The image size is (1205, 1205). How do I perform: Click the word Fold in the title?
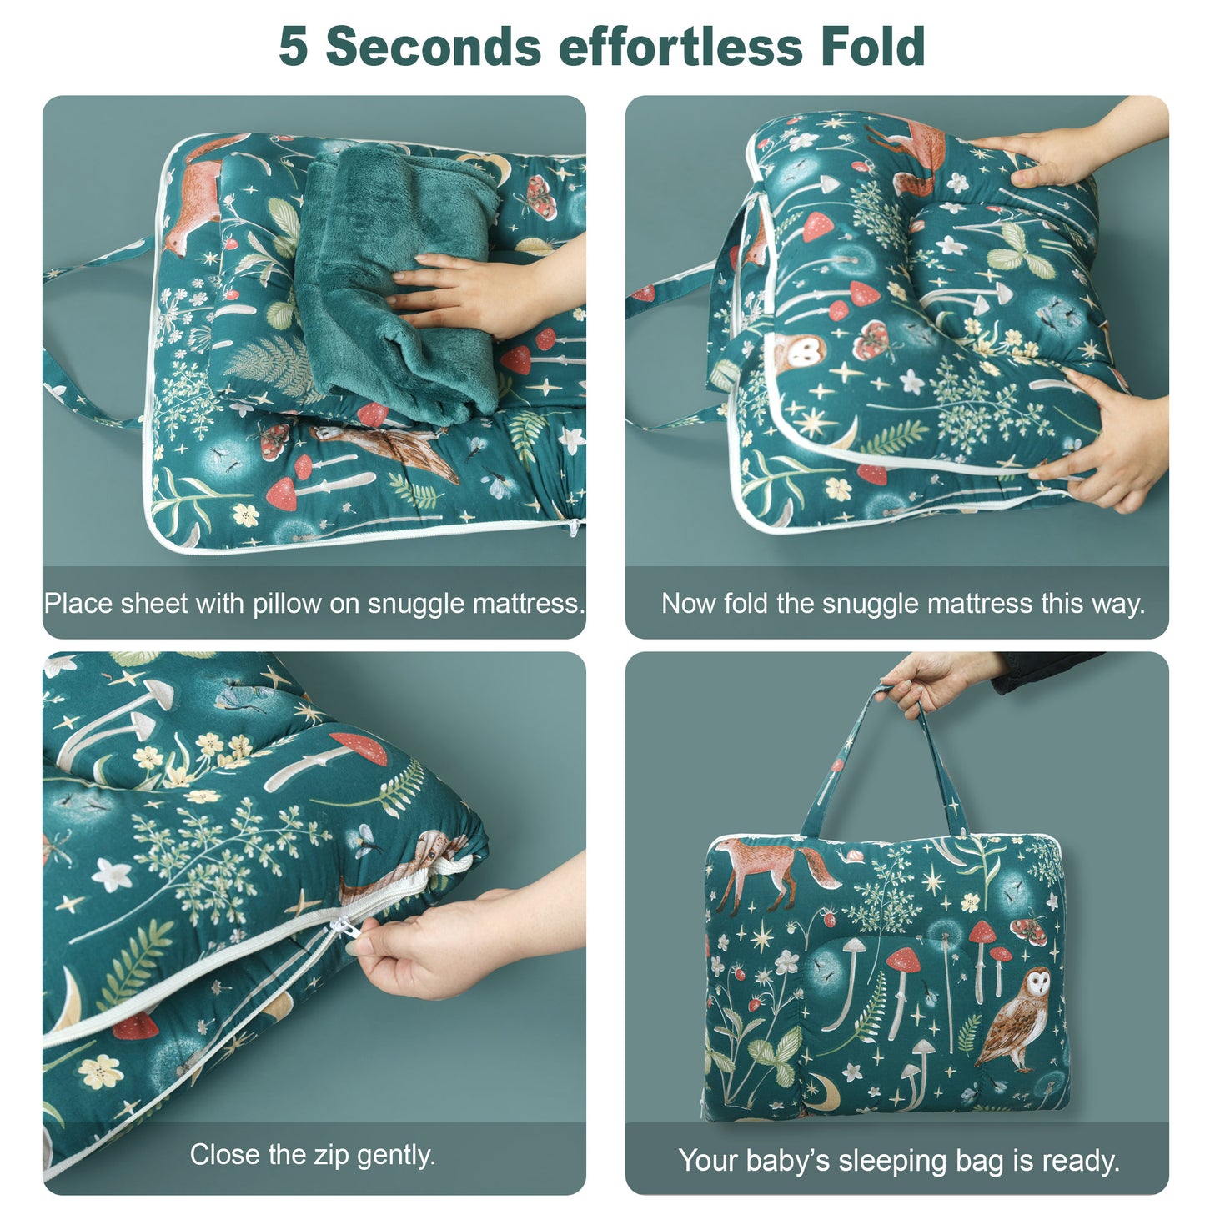[x=873, y=47]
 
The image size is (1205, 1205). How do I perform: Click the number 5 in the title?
[x=293, y=47]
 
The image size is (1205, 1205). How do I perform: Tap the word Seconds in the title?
[x=434, y=47]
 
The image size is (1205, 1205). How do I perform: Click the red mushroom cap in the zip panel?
[x=360, y=747]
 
